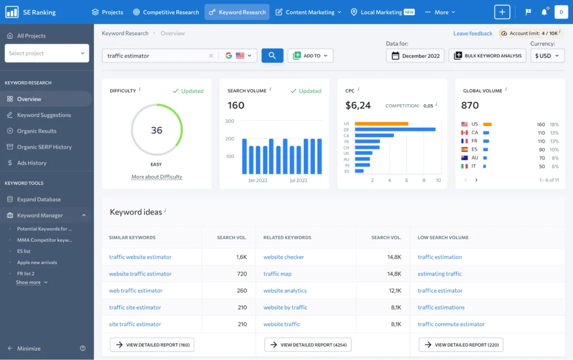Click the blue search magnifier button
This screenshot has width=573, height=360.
tap(273, 55)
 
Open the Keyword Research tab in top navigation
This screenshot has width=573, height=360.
tap(237, 12)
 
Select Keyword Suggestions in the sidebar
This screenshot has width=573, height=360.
tap(44, 115)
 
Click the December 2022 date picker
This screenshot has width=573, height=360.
tap(415, 55)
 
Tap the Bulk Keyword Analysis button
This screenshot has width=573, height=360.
tap(487, 55)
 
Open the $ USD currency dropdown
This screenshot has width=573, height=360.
tap(547, 55)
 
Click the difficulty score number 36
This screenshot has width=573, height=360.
tap(157, 130)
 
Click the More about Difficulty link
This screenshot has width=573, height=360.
tap(157, 177)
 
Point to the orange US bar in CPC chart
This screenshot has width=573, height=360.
tap(382, 124)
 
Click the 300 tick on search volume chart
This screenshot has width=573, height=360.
tap(229, 121)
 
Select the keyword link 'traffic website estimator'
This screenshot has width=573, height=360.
tap(140, 257)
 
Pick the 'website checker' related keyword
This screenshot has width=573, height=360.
tap(284, 257)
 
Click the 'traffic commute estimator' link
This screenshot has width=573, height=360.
tap(451, 324)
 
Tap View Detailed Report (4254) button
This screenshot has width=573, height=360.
tap(308, 345)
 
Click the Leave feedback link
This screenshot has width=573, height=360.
tap(473, 33)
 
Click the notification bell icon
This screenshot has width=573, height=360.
tap(544, 12)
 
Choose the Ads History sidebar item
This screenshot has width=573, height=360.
tap(32, 163)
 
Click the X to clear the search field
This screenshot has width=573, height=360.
tap(211, 55)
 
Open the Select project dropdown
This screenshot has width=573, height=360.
tap(47, 53)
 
